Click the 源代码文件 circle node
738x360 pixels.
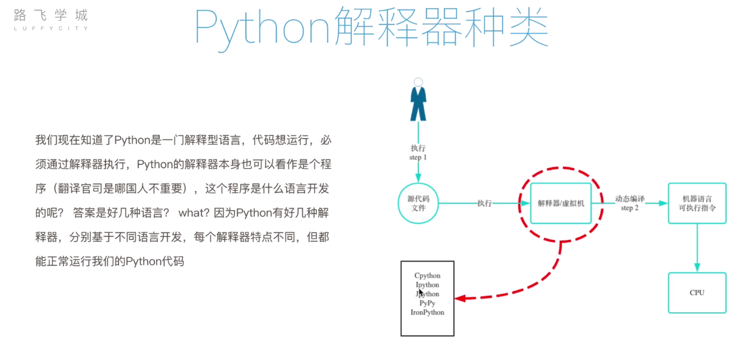[x=418, y=204]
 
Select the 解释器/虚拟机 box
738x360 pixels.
[x=561, y=204]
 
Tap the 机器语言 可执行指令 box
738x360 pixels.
[x=697, y=203]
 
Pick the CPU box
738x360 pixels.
[x=697, y=293]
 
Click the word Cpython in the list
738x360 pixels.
[x=428, y=276]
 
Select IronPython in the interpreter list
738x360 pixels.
[x=428, y=312]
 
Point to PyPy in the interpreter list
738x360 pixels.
[x=428, y=303]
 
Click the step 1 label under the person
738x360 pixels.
[x=418, y=157]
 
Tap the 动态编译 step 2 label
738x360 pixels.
[x=630, y=203]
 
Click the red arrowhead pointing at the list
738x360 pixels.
[x=459, y=298]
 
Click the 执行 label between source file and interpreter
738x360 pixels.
[x=484, y=204]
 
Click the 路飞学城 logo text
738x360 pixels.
[x=51, y=15]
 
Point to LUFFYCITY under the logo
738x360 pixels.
[x=51, y=28]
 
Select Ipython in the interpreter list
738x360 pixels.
[x=428, y=285]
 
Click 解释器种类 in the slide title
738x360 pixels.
[x=440, y=27]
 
